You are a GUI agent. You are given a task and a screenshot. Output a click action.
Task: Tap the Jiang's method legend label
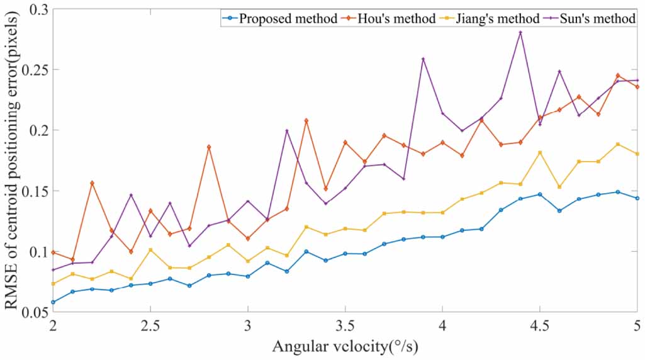click(495, 18)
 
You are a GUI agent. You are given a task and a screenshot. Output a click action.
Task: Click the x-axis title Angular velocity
click(345, 347)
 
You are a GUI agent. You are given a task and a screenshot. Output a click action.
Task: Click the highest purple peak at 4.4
click(520, 33)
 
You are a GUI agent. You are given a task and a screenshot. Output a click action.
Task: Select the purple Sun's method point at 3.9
click(423, 59)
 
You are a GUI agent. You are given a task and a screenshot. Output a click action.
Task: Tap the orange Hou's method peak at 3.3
click(306, 120)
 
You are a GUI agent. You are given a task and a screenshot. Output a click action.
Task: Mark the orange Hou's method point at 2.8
click(209, 147)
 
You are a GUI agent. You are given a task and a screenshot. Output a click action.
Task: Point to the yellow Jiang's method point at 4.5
click(540, 152)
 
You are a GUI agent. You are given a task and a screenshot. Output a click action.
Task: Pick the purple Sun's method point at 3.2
click(287, 131)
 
